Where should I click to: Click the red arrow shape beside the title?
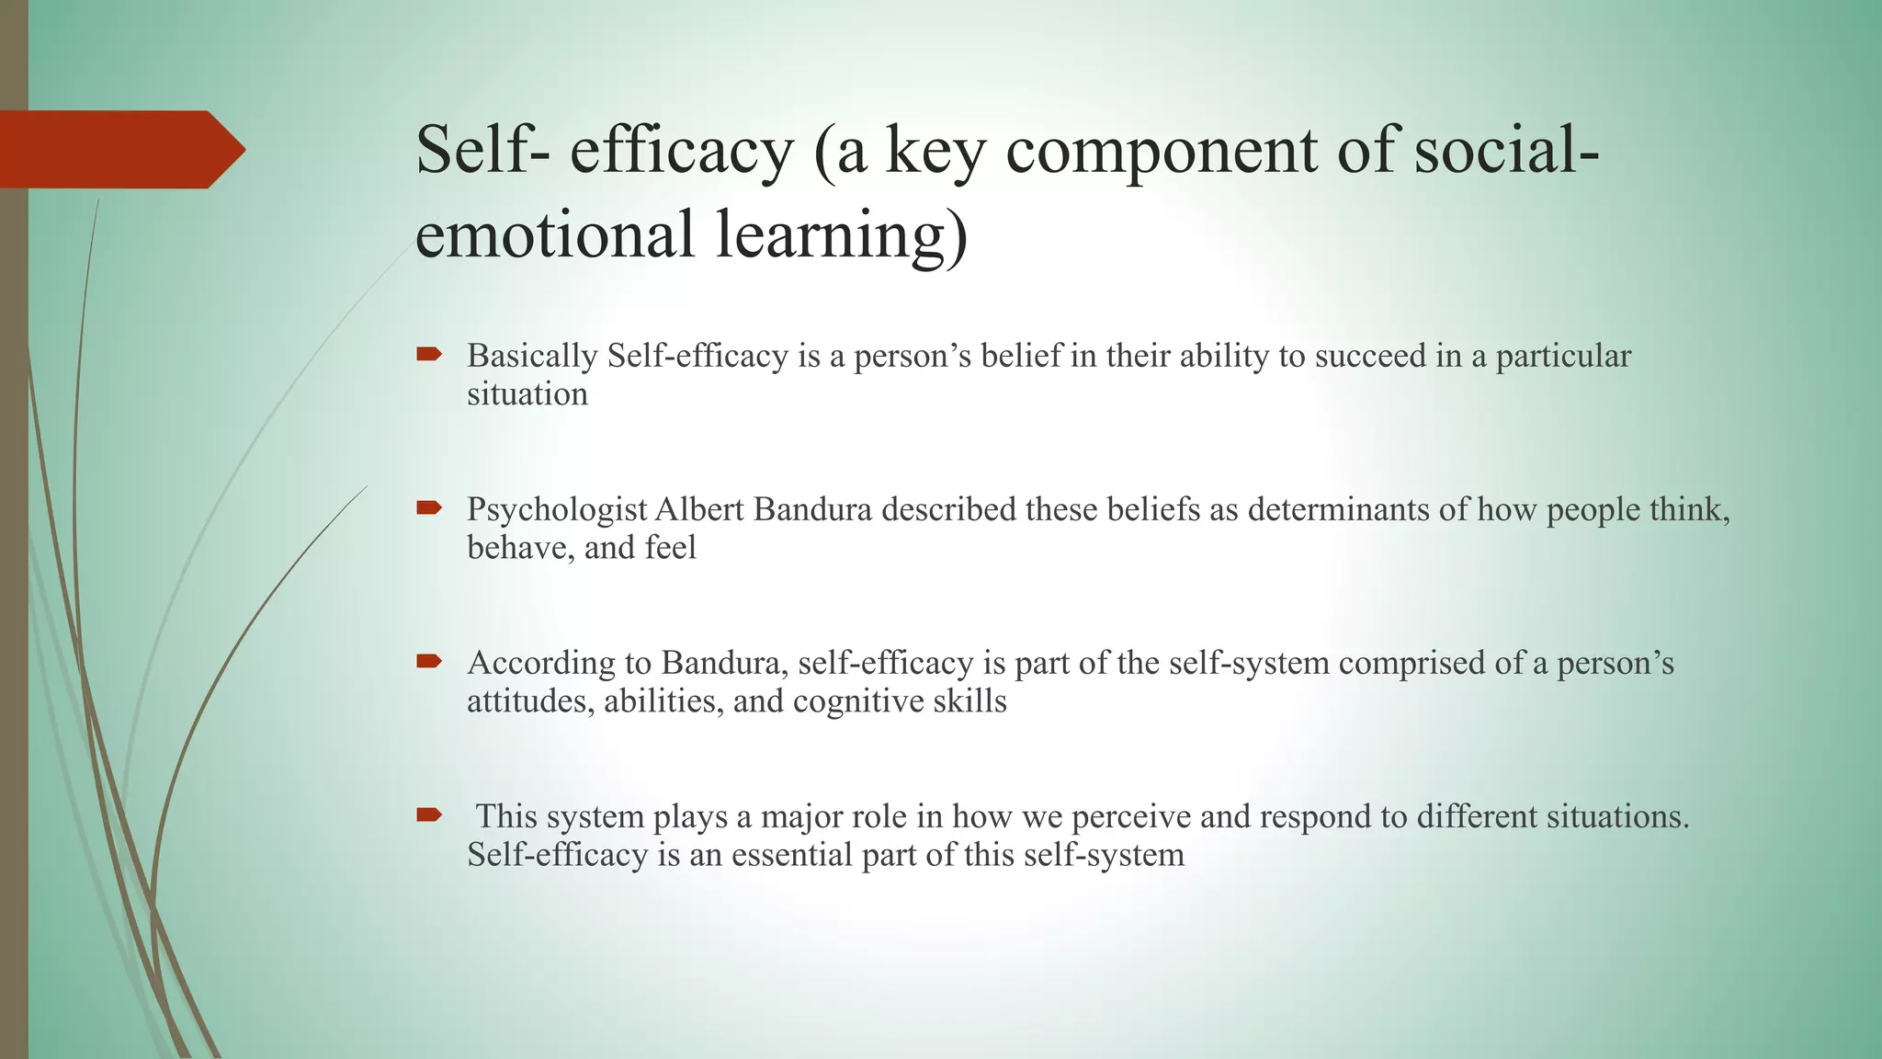pos(119,150)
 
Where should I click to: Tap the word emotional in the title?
pos(554,233)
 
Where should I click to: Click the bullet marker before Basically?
pos(429,354)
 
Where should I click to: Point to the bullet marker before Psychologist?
pos(429,507)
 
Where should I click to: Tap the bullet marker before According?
pos(429,661)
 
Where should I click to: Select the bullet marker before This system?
pos(429,814)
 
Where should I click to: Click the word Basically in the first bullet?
pos(532,357)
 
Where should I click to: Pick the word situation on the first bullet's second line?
pos(527,394)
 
